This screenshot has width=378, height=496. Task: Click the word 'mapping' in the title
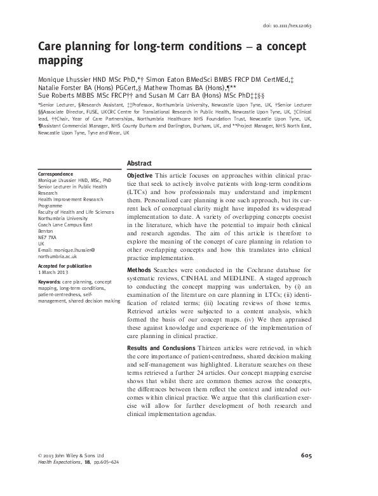(62, 62)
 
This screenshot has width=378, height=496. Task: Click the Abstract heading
(140, 162)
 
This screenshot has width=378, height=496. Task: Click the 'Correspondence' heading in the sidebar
(57, 174)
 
